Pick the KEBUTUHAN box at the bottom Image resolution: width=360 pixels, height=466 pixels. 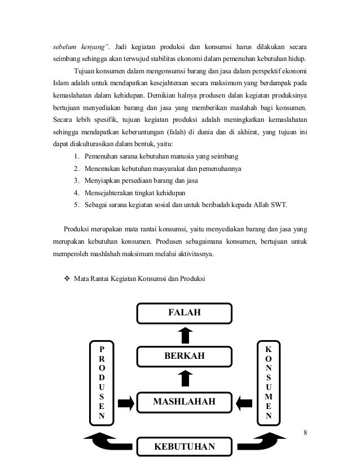185,447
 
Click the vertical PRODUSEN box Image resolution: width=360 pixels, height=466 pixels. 102,381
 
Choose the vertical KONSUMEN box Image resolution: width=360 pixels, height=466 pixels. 268,381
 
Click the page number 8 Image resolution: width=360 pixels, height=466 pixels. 305,433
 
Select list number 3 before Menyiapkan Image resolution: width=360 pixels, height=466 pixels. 76,181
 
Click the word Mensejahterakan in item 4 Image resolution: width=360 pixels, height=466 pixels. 109,193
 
